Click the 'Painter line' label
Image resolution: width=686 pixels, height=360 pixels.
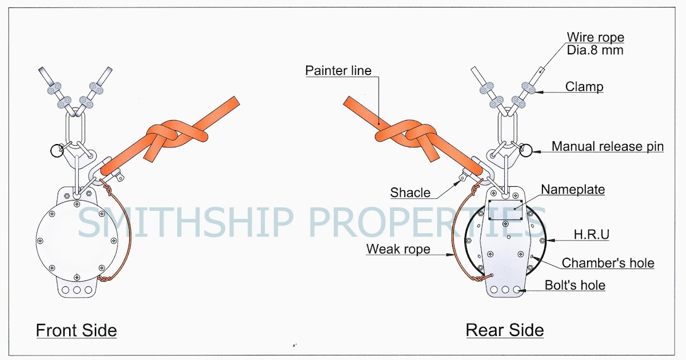338,71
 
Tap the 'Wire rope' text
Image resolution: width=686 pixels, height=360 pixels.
595,38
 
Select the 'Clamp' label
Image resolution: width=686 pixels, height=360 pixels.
584,87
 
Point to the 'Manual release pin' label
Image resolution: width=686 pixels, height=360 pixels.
607,147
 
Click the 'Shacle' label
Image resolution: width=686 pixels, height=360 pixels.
410,193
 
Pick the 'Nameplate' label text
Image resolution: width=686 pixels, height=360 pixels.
573,189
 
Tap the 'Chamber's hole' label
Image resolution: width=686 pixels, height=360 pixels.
608,263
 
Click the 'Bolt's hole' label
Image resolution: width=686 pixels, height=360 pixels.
575,285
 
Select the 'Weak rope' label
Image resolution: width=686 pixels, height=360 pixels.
398,249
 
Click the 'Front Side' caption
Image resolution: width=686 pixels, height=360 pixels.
76,330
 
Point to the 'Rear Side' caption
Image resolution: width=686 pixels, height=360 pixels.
505,330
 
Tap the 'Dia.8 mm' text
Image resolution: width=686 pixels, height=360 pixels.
595,50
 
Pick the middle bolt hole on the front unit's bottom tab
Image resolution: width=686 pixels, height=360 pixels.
77,289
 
